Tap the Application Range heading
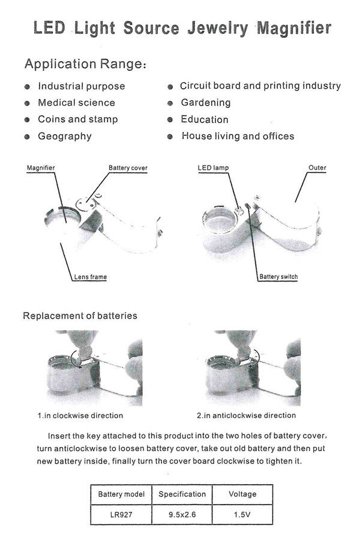point(85,64)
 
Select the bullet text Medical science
point(76,103)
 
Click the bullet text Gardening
point(206,103)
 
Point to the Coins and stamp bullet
point(78,119)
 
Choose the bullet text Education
point(205,119)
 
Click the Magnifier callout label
point(41,168)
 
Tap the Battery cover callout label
point(128,168)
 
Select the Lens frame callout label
point(90,277)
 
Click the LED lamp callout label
point(213,168)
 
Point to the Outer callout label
point(317,168)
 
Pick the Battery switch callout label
point(278,277)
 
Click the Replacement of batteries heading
point(80,316)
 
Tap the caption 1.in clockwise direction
point(80,416)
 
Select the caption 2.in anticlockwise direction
point(247,416)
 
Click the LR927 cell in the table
point(121,515)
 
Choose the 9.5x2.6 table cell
point(182,515)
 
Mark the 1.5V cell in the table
point(242,515)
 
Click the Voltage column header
point(242,494)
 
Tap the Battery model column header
point(121,494)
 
